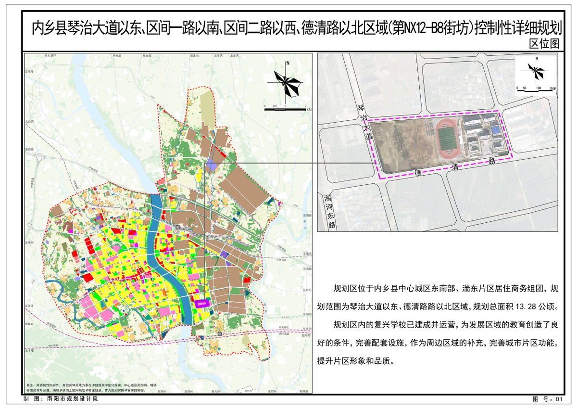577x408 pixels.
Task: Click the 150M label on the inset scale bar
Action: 552,89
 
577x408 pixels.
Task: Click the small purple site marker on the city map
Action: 202,303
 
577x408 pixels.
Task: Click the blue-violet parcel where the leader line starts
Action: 212,165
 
